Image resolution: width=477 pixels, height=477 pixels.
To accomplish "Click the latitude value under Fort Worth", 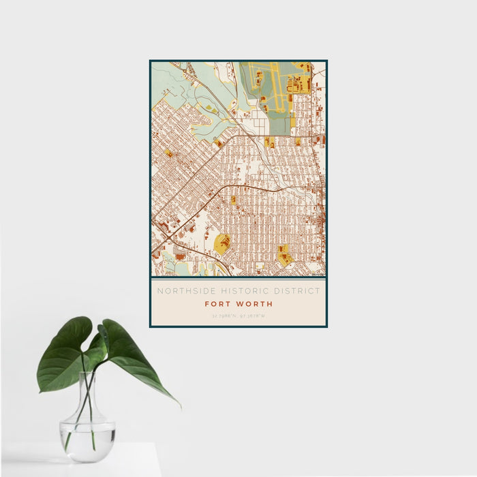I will (x=224, y=316).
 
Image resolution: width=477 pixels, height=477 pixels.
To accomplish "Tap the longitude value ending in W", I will (x=253, y=316).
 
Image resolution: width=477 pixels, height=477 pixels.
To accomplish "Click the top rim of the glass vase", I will (x=87, y=373).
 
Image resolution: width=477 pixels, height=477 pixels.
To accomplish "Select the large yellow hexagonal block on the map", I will (x=222, y=243).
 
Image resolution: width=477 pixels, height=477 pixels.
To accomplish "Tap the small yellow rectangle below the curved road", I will (x=234, y=200).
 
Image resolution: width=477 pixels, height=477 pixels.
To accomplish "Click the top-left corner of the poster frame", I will (x=151, y=61).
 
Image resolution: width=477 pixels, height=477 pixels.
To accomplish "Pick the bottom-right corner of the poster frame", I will (x=326, y=326).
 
